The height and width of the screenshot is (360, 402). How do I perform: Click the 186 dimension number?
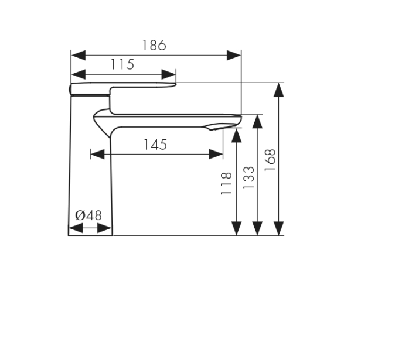(x=154, y=45)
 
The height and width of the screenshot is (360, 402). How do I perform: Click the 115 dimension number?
(x=122, y=64)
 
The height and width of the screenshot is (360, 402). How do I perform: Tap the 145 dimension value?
(x=155, y=145)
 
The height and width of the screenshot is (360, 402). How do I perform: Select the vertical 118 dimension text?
(x=226, y=183)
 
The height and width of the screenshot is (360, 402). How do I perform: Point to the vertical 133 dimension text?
(x=248, y=178)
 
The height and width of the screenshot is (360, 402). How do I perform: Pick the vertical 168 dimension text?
(x=270, y=160)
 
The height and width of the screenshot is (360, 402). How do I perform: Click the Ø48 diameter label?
(x=88, y=215)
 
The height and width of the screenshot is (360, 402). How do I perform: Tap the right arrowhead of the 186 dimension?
(x=234, y=55)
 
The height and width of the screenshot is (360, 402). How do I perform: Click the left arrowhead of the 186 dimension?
(x=78, y=55)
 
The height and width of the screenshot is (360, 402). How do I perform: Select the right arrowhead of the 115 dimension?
(x=169, y=74)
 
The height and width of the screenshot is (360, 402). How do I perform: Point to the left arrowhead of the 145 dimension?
(x=97, y=155)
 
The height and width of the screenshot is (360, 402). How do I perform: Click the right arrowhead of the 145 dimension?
(x=216, y=155)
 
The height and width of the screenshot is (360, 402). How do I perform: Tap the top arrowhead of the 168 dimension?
(x=279, y=90)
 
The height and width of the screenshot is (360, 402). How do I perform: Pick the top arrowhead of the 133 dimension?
(x=257, y=121)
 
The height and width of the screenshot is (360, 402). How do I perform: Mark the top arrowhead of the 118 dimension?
(x=236, y=135)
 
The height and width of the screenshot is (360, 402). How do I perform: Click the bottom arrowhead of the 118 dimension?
(x=236, y=228)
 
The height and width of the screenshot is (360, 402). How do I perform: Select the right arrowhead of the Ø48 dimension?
(x=104, y=228)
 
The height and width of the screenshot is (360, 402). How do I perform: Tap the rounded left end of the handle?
(x=70, y=89)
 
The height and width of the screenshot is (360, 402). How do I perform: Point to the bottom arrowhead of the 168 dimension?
(x=279, y=228)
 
